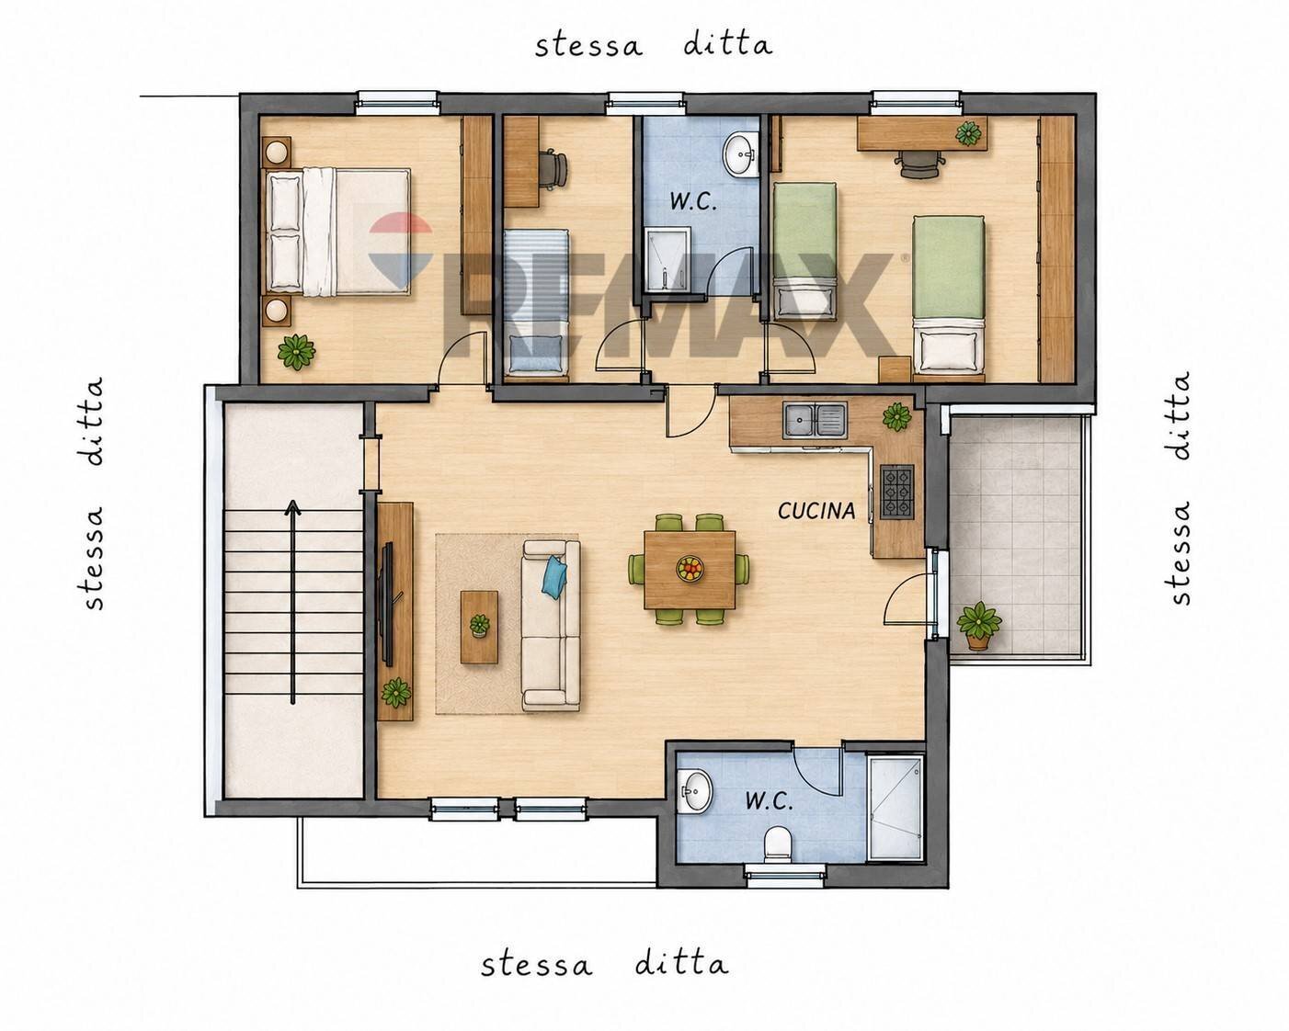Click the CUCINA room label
click(816, 511)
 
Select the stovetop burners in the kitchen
click(897, 492)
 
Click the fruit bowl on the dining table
click(690, 568)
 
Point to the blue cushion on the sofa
click(554, 576)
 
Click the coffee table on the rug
click(479, 627)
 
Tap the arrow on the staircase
click(292, 602)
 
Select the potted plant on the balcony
click(979, 625)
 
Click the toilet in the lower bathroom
click(779, 844)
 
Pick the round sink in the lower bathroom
click(694, 791)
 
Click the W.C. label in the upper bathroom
click(693, 202)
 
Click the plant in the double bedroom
click(296, 351)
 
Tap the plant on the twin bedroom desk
click(968, 133)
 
